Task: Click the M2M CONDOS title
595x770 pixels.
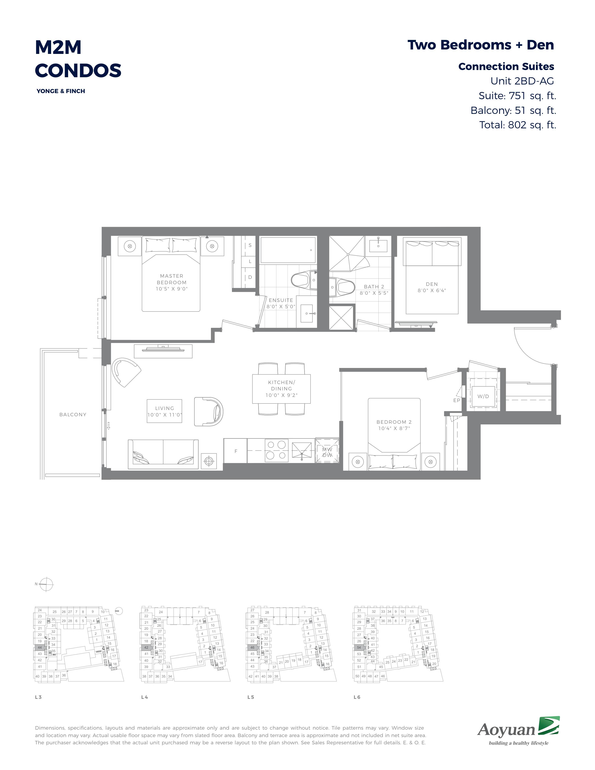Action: point(78,59)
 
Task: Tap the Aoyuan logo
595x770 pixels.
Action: point(518,731)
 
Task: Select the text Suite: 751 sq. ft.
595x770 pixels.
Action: point(517,95)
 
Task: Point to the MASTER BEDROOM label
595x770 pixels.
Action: point(172,279)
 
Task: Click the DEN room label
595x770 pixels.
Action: point(432,284)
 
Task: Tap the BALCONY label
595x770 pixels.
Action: point(73,415)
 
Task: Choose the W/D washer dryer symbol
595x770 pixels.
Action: point(483,396)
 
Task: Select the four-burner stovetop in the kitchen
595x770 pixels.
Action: point(276,450)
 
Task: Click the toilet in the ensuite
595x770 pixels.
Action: point(304,280)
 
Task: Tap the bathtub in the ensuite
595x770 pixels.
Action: point(288,250)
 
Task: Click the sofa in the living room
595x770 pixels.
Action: point(163,454)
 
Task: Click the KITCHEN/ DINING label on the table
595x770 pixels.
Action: point(281,385)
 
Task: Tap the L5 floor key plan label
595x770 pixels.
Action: point(251,697)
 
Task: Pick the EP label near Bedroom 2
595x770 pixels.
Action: point(457,400)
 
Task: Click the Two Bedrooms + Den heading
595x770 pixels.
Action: point(481,45)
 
